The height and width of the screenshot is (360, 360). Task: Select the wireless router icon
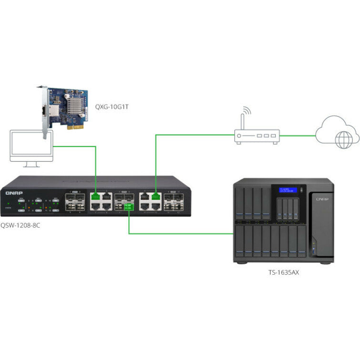256,136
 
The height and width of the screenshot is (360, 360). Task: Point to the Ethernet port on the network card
51,112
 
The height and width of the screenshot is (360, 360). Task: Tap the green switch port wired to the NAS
128,207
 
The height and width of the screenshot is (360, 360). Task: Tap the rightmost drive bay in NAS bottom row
300,243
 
